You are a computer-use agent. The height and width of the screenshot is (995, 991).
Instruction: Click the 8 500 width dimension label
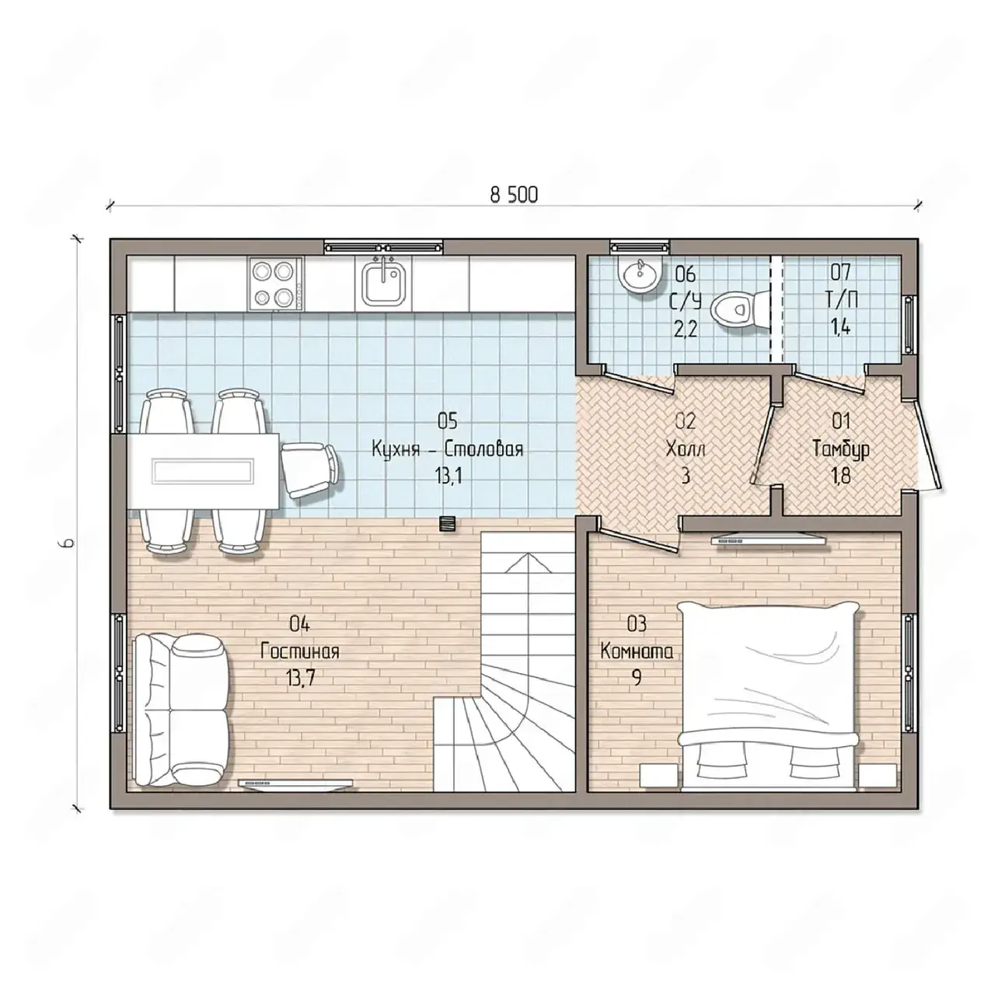513,194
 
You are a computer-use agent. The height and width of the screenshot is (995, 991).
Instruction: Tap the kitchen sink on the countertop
382,283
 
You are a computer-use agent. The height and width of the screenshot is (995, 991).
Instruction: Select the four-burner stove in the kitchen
276,285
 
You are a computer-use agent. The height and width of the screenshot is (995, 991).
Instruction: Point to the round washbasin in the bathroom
640,277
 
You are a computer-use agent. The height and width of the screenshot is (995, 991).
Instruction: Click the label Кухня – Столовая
447,449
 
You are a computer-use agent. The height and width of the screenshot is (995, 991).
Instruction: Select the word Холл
686,449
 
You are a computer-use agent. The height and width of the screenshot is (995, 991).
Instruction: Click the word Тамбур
841,449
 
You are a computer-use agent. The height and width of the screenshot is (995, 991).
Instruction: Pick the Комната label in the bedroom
637,651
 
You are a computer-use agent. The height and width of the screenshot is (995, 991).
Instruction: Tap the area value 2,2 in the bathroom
686,327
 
